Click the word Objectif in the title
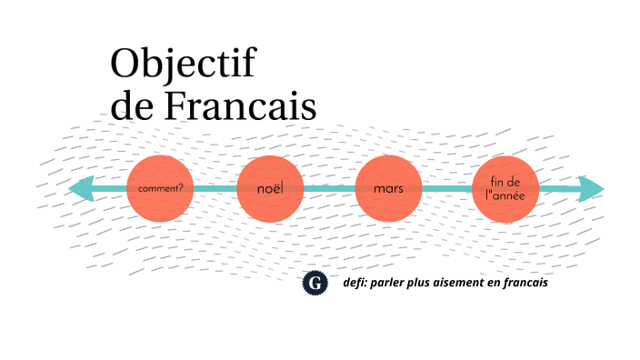183,65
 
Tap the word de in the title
133,106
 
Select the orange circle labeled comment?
160,189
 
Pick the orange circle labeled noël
270,189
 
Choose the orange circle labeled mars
388,189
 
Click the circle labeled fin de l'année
505,189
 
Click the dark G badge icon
315,284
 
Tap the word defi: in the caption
355,283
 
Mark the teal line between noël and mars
329,189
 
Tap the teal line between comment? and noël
215,189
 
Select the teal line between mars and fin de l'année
447,189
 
